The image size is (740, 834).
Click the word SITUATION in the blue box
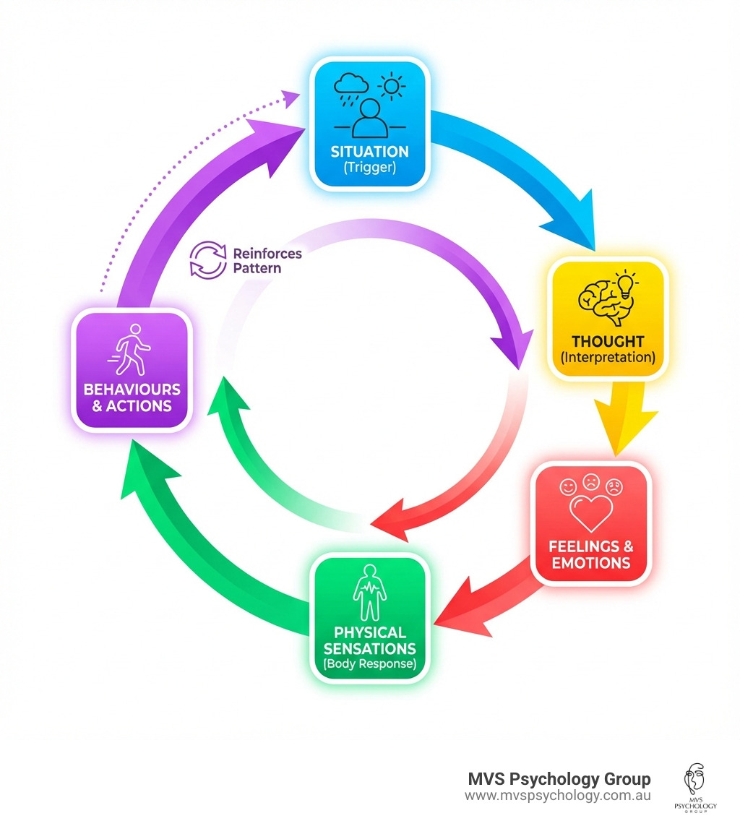click(x=369, y=152)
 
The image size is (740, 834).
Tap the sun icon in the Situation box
click(x=392, y=87)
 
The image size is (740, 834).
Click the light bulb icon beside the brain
click(x=624, y=283)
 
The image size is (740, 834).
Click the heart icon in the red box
click(x=590, y=512)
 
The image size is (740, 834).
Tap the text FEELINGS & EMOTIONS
click(x=590, y=554)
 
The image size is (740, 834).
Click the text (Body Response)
click(x=369, y=663)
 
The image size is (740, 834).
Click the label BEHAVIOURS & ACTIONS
click(x=132, y=397)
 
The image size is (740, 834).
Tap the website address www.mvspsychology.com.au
click(x=558, y=796)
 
